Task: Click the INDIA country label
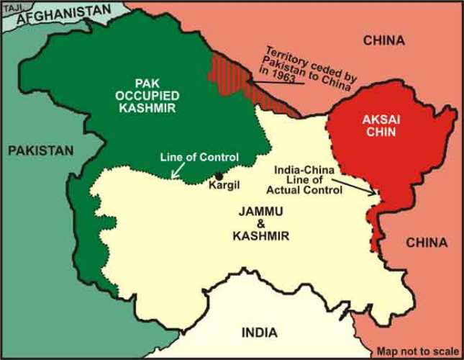(x=258, y=333)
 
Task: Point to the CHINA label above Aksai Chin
(x=385, y=39)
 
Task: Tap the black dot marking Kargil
(x=218, y=175)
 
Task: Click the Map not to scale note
(x=418, y=352)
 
